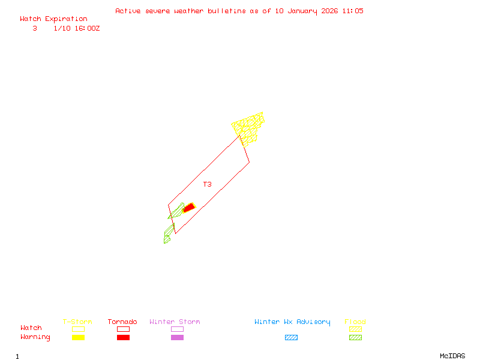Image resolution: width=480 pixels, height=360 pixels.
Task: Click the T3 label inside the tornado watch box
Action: tap(207, 185)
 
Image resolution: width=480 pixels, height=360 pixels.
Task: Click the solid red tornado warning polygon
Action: tap(189, 208)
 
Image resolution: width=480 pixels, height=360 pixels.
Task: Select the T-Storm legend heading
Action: tap(77, 322)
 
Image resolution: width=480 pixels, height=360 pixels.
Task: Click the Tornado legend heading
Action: tap(122, 322)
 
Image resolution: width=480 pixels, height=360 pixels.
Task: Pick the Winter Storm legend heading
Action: tap(175, 322)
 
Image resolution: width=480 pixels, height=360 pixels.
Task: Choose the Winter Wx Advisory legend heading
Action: tap(292, 322)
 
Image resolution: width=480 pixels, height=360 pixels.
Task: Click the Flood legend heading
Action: tap(355, 322)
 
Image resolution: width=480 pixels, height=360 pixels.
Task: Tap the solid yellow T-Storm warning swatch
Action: tap(78, 338)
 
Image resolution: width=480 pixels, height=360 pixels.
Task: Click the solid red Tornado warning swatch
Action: tap(123, 338)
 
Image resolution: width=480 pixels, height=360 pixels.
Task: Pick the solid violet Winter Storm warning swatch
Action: tap(177, 338)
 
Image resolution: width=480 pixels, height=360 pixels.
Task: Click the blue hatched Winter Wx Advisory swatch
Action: tap(291, 338)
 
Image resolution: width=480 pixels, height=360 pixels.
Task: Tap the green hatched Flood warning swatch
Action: tap(355, 338)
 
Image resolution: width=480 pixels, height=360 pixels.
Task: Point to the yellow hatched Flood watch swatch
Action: tap(355, 329)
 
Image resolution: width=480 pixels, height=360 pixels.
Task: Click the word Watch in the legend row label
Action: tap(31, 328)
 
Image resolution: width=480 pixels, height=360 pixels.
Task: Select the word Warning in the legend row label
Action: tap(35, 337)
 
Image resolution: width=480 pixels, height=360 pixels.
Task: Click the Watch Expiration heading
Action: tap(53, 19)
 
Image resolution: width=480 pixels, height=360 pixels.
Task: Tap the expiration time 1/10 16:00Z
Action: tap(77, 28)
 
